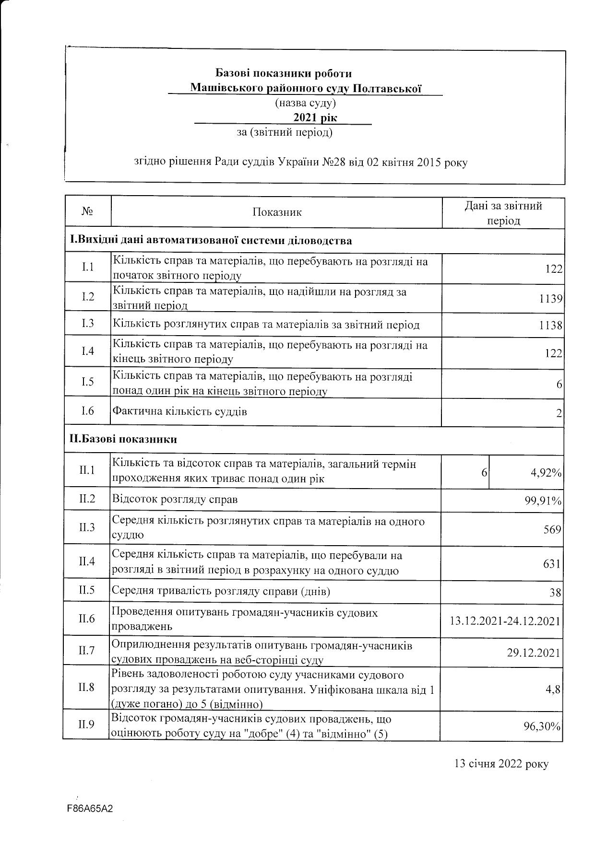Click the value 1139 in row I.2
coord(550,299)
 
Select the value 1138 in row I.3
coord(550,326)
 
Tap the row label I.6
coord(87,411)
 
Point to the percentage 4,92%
coord(546,473)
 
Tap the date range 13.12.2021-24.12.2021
coord(505,621)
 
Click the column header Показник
coord(277,212)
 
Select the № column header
coord(87,212)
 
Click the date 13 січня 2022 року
coord(501,764)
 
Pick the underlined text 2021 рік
coord(315,118)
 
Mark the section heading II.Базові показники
coord(123,439)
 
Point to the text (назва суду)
coord(305,103)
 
